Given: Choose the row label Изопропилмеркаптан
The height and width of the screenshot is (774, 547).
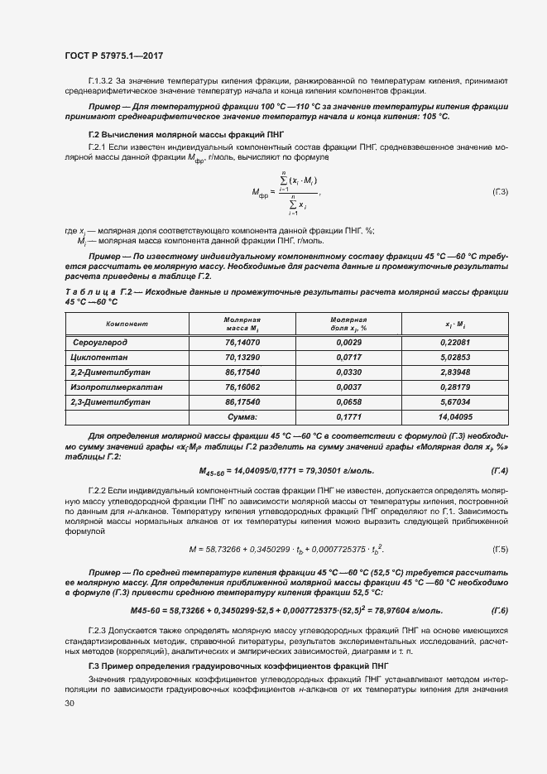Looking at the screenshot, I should tap(115, 387).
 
